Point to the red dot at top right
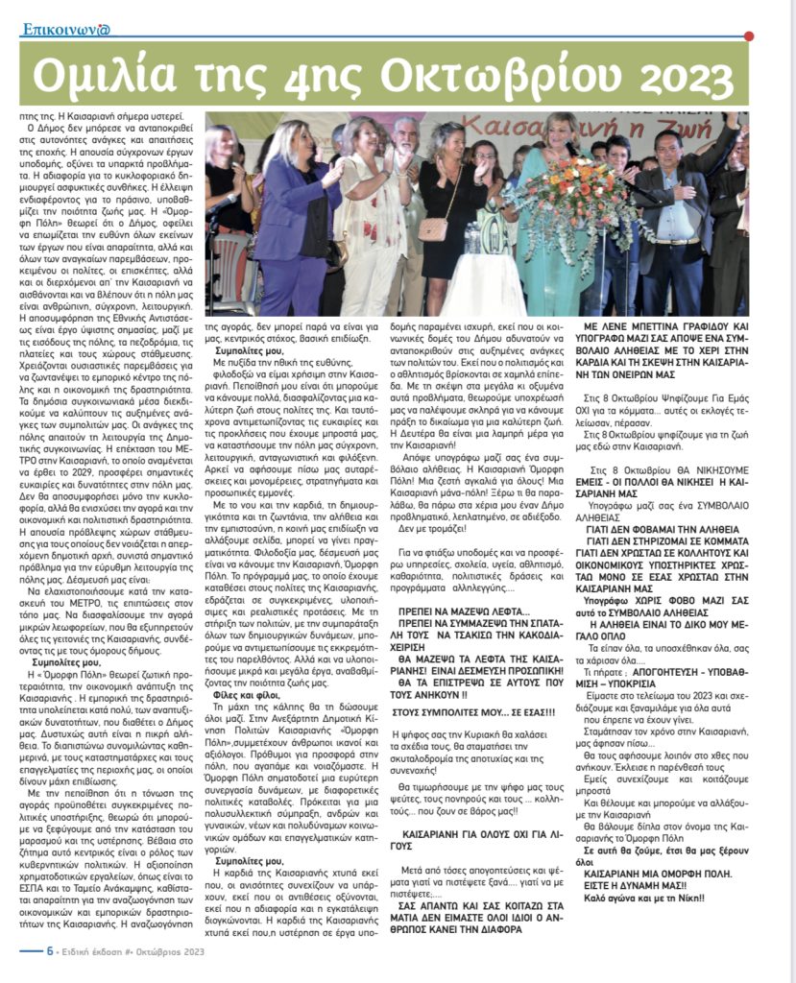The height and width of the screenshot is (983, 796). pyautogui.click(x=749, y=36)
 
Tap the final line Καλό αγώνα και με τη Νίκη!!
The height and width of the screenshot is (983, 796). pyautogui.click(x=648, y=899)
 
